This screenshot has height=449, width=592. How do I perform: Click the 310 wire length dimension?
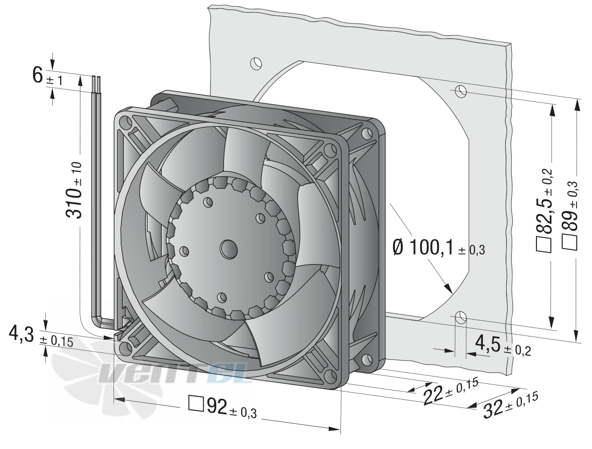[x=73, y=190]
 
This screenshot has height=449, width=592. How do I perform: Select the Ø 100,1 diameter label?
[x=438, y=248]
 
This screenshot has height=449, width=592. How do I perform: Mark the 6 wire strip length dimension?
[x=47, y=76]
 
